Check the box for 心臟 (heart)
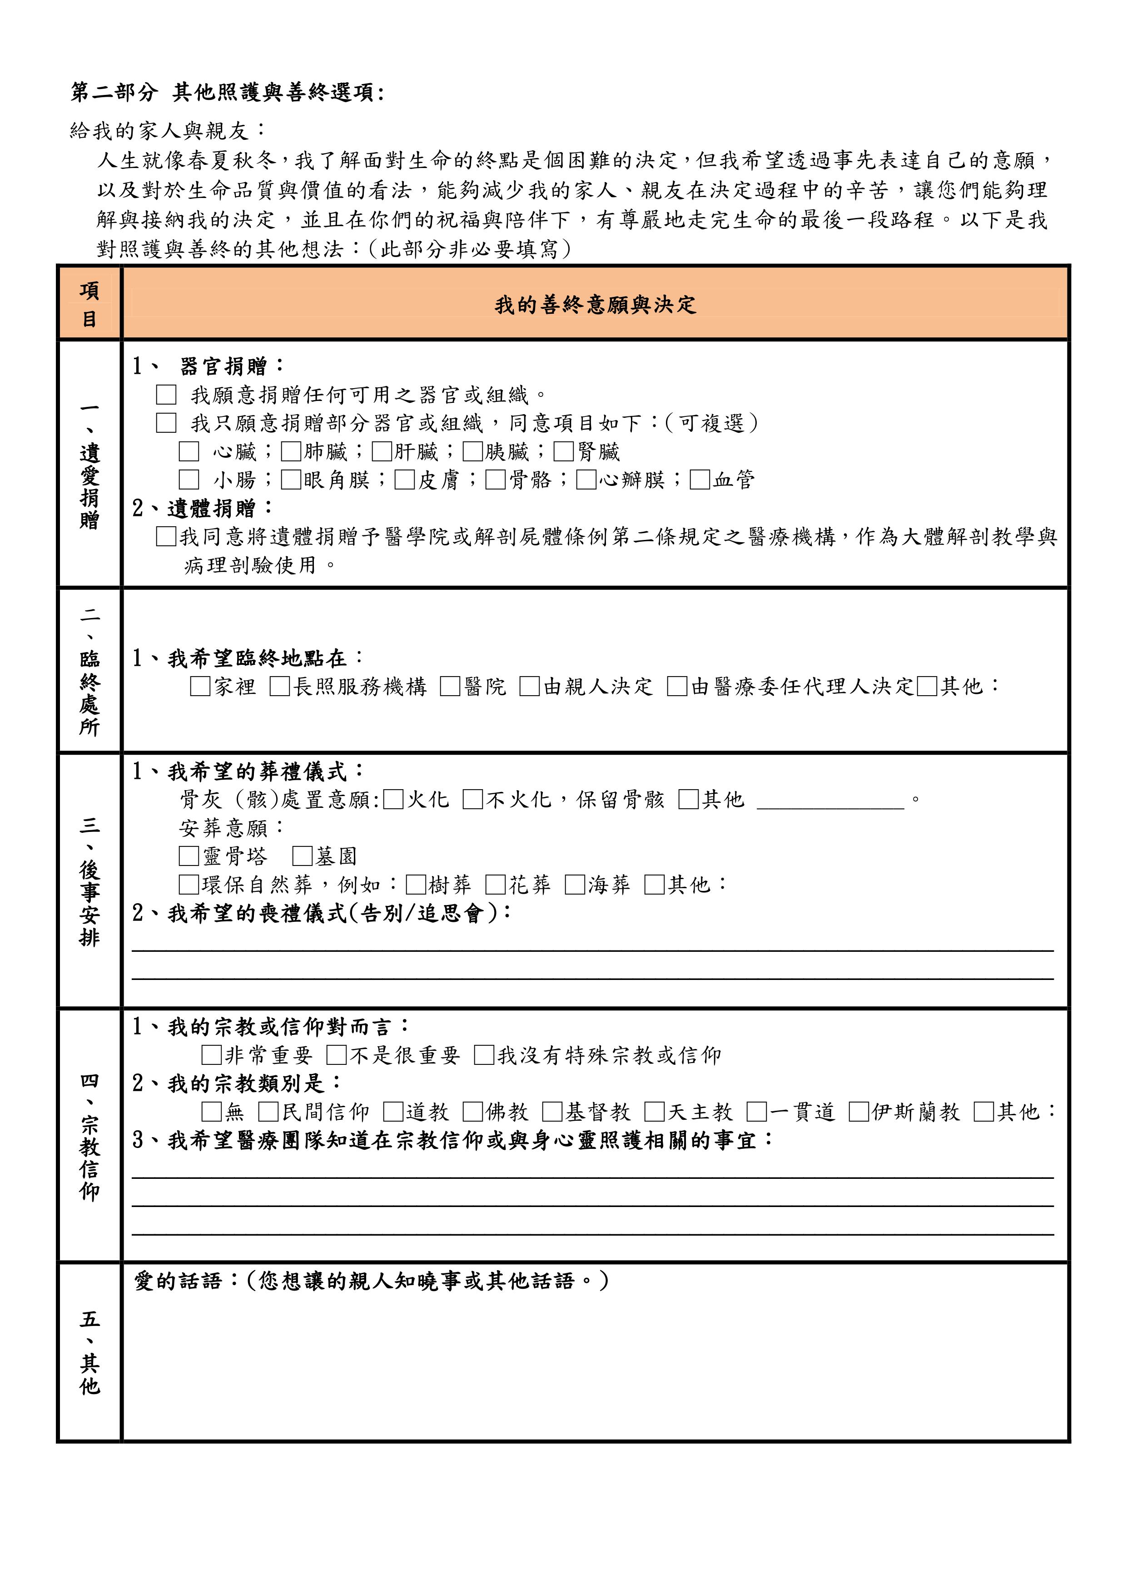[x=189, y=452]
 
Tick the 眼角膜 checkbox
[x=291, y=480]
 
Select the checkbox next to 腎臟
[x=563, y=452]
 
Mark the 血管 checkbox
[x=700, y=480]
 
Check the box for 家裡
[x=200, y=687]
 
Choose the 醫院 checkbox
[x=450, y=687]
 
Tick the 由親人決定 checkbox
[x=530, y=687]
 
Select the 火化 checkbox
[x=393, y=800]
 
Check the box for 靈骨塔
[x=189, y=856]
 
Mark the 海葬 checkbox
[x=575, y=885]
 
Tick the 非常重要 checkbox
[x=211, y=1055]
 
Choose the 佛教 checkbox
[x=472, y=1112]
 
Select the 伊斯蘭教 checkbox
[x=859, y=1112]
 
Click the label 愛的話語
[x=177, y=1281]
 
